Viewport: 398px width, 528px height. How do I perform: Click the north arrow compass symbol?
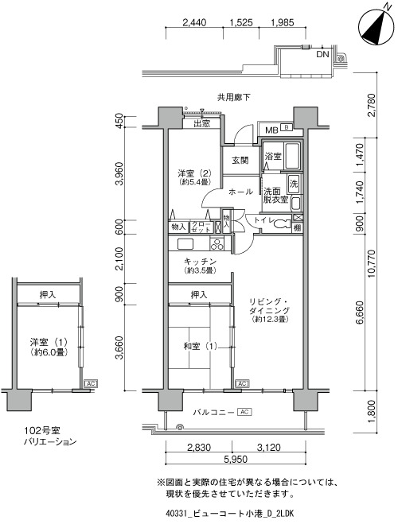click(x=376, y=27)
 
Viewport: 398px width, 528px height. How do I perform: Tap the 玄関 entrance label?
click(x=240, y=161)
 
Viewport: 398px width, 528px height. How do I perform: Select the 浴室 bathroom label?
click(x=273, y=156)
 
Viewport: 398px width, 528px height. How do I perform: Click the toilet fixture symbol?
click(x=282, y=223)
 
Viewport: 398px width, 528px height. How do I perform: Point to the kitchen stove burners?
click(x=217, y=244)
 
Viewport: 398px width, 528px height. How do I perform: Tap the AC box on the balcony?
click(x=244, y=411)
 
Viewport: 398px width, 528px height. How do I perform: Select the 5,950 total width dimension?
click(x=236, y=459)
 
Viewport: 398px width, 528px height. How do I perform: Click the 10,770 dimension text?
click(x=372, y=264)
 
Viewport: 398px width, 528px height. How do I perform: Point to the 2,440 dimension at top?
click(x=194, y=22)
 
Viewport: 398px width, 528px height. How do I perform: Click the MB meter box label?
click(x=271, y=130)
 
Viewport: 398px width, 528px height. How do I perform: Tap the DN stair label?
click(x=322, y=54)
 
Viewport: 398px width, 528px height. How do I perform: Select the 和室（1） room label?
click(x=200, y=346)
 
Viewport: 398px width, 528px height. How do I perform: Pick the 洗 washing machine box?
click(x=294, y=184)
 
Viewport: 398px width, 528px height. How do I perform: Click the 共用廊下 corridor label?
click(x=233, y=98)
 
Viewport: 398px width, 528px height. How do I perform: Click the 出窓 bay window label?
click(x=202, y=123)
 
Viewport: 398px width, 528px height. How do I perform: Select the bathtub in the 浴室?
click(x=292, y=156)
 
